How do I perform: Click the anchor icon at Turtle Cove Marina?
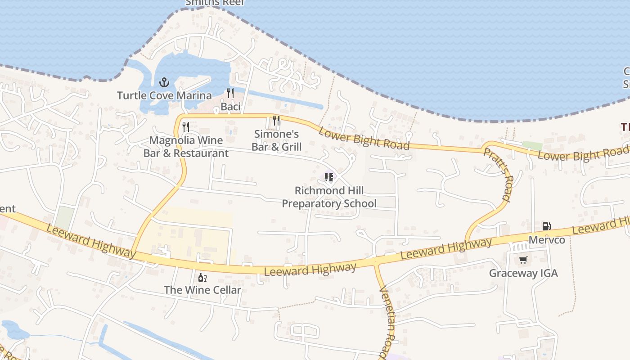[164, 82]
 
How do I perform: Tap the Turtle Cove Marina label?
[164, 95]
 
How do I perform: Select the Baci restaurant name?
[230, 107]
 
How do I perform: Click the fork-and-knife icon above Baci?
[230, 93]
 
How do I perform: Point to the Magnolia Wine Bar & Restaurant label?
[186, 147]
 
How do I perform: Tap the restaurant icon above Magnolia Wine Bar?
[186, 127]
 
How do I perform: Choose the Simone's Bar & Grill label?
[276, 140]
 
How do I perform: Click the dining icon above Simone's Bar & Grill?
[276, 121]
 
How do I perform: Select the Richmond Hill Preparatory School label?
[329, 197]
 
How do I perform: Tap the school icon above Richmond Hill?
[329, 177]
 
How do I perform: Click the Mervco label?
[547, 240]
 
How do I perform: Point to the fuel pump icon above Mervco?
[546, 226]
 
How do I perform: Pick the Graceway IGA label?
[523, 273]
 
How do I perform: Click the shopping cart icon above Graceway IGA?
[523, 260]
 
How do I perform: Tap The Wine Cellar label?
[202, 290]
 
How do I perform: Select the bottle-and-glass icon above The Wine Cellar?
[202, 277]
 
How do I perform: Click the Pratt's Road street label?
[498, 175]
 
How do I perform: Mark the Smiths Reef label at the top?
[215, 3]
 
